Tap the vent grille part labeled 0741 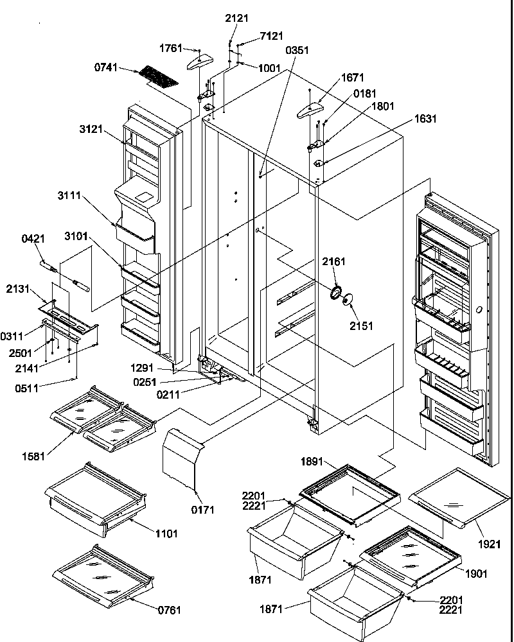coord(158,78)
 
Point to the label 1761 coord(171,48)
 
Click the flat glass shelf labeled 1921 coord(457,496)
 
